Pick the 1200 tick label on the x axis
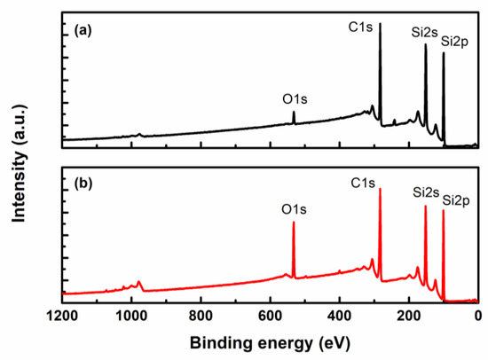point(62,314)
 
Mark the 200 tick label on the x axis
point(408,314)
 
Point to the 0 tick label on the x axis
point(477,314)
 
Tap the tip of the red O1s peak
point(294,223)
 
